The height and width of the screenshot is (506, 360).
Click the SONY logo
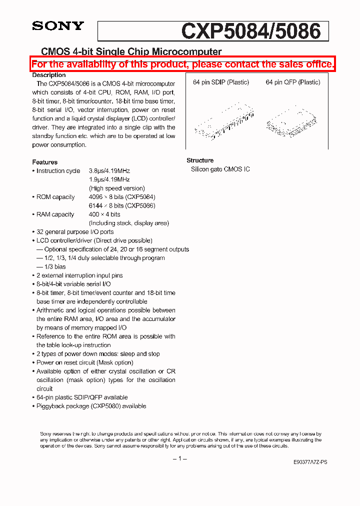point(58,26)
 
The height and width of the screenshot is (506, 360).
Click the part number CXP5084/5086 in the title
point(250,31)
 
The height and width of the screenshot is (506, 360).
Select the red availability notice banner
point(182,64)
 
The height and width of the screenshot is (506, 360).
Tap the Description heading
point(49,75)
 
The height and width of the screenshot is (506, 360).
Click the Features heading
point(45,162)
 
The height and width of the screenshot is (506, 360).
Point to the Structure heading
point(200,160)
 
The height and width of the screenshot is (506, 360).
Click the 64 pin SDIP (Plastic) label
point(221,82)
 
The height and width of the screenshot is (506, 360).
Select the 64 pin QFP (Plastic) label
point(293,82)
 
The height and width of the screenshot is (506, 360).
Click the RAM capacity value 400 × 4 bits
point(104,214)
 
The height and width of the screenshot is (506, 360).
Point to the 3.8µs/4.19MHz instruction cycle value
point(109,171)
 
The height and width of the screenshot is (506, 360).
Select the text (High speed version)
point(117,188)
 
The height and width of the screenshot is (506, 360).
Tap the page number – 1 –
point(179,459)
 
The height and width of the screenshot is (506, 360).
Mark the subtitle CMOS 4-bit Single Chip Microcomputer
point(131,51)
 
